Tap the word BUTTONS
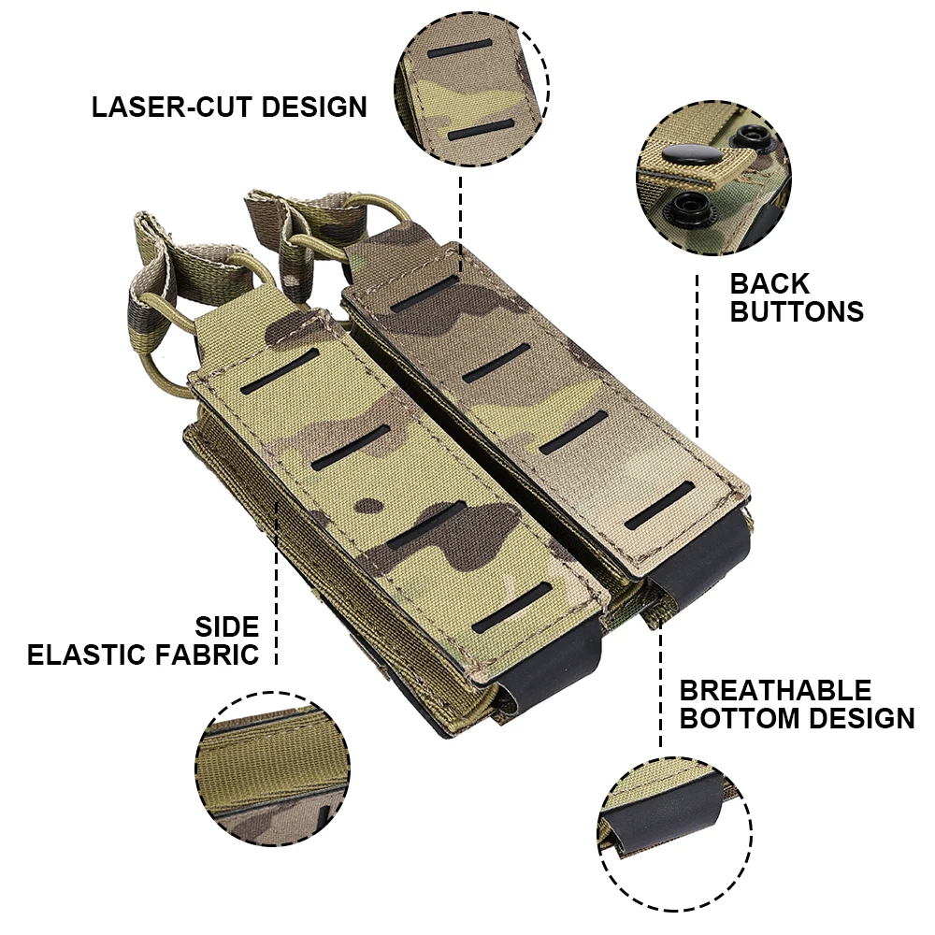tap(797, 311)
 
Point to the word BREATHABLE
tap(775, 691)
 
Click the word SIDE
tap(226, 626)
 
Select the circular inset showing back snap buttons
tap(713, 179)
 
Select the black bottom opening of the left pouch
tap(542, 669)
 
